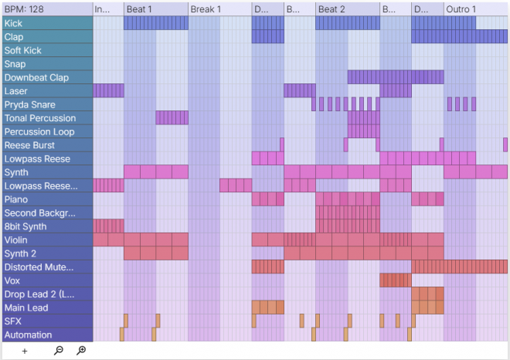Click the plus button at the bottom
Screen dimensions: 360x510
point(25,351)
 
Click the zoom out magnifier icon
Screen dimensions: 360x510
point(59,351)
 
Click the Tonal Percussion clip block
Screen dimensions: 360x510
point(172,118)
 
